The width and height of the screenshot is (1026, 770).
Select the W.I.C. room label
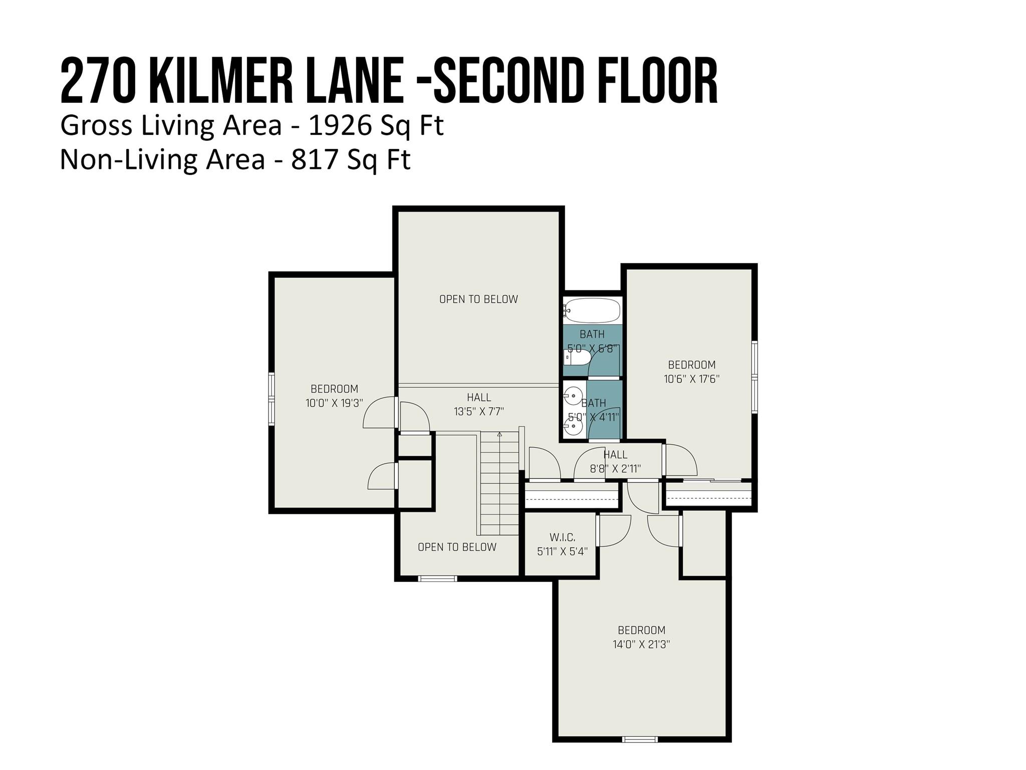(x=562, y=537)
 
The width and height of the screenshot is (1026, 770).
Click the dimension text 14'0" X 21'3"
(x=641, y=644)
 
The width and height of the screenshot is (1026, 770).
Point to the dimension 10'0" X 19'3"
(x=334, y=403)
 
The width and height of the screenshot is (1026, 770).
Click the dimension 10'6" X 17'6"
(x=692, y=379)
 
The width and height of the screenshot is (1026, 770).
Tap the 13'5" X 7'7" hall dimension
(x=479, y=412)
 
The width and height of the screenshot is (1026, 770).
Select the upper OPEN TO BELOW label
(x=478, y=299)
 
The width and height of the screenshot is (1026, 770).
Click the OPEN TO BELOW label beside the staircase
(x=457, y=547)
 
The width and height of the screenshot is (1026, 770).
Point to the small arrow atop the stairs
(x=499, y=434)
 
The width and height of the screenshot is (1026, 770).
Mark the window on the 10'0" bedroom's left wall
(x=272, y=399)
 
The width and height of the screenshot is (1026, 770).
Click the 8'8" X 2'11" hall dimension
(x=615, y=469)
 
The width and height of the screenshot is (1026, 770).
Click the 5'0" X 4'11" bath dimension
(x=594, y=417)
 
